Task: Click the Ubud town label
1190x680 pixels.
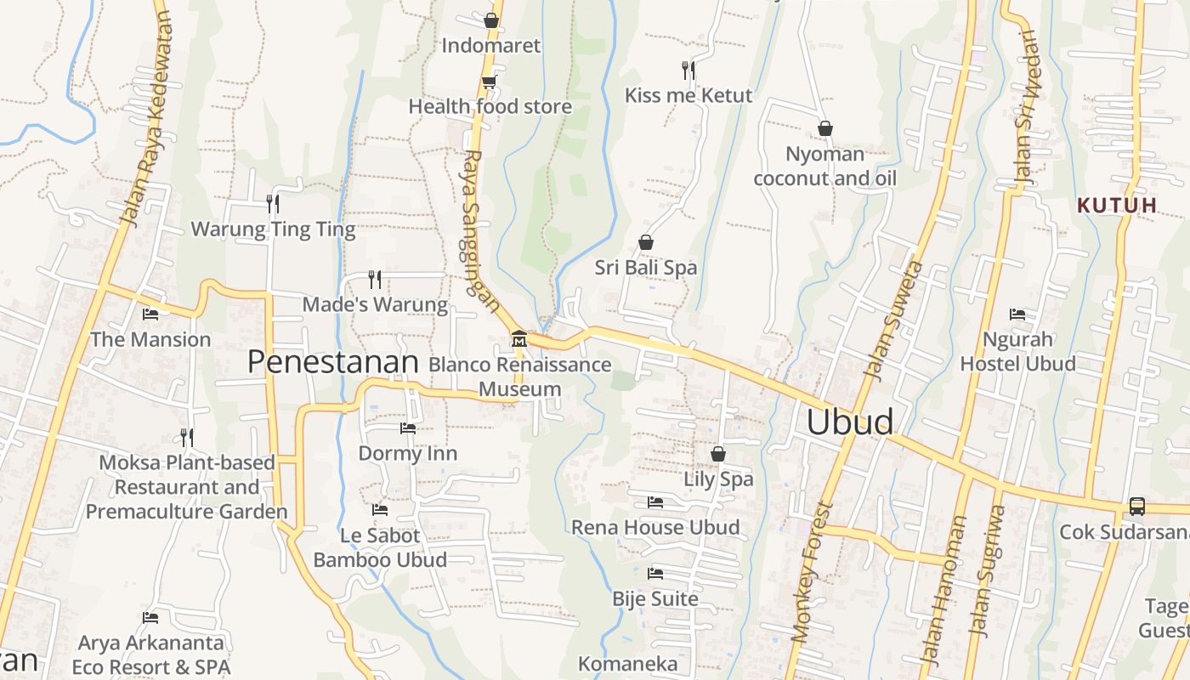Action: pyautogui.click(x=849, y=422)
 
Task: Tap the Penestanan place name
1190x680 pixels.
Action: pyautogui.click(x=332, y=362)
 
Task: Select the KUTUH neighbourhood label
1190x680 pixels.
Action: pyautogui.click(x=1117, y=205)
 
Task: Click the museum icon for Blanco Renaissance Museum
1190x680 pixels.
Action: pyautogui.click(x=518, y=339)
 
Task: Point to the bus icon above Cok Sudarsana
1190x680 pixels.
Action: pyautogui.click(x=1137, y=506)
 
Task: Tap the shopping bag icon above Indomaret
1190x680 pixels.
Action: pyautogui.click(x=490, y=20)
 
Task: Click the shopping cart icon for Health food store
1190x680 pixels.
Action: pyautogui.click(x=489, y=82)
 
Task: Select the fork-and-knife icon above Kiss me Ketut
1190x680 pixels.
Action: pyautogui.click(x=688, y=70)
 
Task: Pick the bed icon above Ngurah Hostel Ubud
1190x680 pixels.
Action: pyautogui.click(x=1017, y=314)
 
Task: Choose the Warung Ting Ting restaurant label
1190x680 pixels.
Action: pyautogui.click(x=273, y=229)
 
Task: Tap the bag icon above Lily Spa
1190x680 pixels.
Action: pyautogui.click(x=718, y=454)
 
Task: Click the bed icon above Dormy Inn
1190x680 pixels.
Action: pyautogui.click(x=408, y=428)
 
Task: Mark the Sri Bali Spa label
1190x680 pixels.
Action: pyautogui.click(x=645, y=268)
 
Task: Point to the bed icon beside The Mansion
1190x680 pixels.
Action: pyautogui.click(x=150, y=314)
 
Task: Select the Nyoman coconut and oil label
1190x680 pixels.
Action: pyautogui.click(x=824, y=166)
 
